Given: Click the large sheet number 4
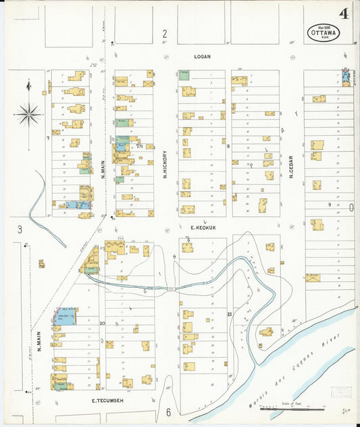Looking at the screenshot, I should pos(344,14).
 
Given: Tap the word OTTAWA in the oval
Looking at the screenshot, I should pos(321,32).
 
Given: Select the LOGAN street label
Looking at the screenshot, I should pos(203,57).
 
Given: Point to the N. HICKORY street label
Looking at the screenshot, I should pos(164,164).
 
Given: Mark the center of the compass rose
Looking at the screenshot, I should pos(28,114).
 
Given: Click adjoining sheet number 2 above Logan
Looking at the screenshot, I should pos(164,33).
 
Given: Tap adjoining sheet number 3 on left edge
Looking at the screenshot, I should pos(20,229).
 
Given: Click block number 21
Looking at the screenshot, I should pos(230,314).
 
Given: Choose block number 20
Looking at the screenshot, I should pos(102,324).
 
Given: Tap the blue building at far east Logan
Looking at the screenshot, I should pos(346,78).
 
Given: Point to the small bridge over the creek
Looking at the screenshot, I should pos(174,289).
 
